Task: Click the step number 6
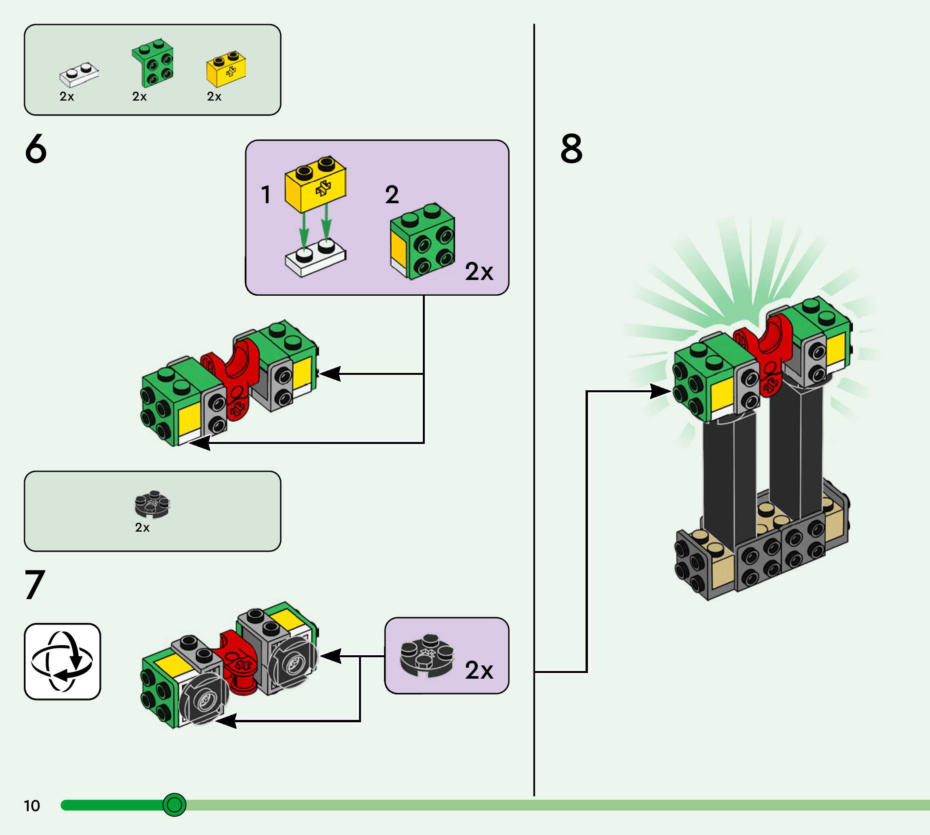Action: pyautogui.click(x=36, y=149)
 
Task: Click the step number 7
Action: pyautogui.click(x=35, y=585)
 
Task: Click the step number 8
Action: pyautogui.click(x=571, y=149)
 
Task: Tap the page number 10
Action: pyautogui.click(x=32, y=806)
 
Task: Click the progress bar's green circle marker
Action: pyautogui.click(x=174, y=805)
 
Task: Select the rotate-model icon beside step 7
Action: pyautogui.click(x=62, y=661)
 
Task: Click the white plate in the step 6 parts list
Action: pyautogui.click(x=78, y=75)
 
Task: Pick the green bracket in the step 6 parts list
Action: pyautogui.click(x=153, y=63)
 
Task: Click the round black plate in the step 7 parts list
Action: pyautogui.click(x=152, y=505)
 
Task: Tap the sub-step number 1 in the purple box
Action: pyautogui.click(x=266, y=195)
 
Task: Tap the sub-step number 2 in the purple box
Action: pyautogui.click(x=392, y=195)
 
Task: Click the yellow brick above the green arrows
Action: pyautogui.click(x=315, y=185)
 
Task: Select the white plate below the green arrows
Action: pyautogui.click(x=315, y=260)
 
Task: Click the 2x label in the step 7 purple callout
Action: pyautogui.click(x=479, y=670)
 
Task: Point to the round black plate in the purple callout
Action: pyautogui.click(x=426, y=656)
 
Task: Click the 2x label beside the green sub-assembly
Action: pyautogui.click(x=479, y=271)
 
